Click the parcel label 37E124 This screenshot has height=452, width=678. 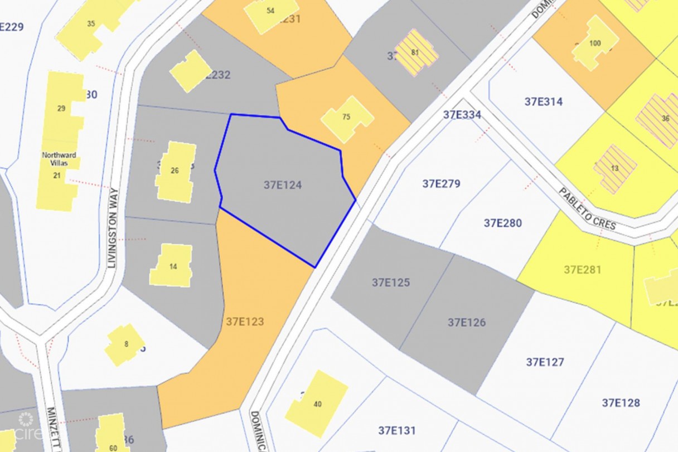pyautogui.click(x=283, y=185)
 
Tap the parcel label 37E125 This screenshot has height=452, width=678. pyautogui.click(x=391, y=283)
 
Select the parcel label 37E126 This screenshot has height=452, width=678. pyautogui.click(x=467, y=322)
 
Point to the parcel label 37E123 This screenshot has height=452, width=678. pyautogui.click(x=245, y=322)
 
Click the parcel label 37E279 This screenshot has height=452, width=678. pyautogui.click(x=441, y=183)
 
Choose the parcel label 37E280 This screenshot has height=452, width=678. pyautogui.click(x=503, y=223)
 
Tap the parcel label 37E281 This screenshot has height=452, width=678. pyautogui.click(x=583, y=270)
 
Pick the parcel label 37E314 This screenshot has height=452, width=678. pyautogui.click(x=544, y=101)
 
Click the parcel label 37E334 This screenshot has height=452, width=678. pyautogui.click(x=462, y=115)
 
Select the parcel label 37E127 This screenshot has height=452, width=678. pyautogui.click(x=545, y=362)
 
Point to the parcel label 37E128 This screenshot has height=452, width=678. pyautogui.click(x=621, y=402)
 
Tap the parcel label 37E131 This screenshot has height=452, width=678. pyautogui.click(x=397, y=430)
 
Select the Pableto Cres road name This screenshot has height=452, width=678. pyautogui.click(x=588, y=209)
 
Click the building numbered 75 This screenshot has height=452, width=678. pyautogui.click(x=347, y=118)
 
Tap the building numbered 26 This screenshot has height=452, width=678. pyautogui.click(x=175, y=171)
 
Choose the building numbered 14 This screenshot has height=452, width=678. pyautogui.click(x=173, y=266)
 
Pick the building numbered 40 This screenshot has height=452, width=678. pyautogui.click(x=317, y=404)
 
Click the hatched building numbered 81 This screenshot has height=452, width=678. pyautogui.click(x=415, y=53)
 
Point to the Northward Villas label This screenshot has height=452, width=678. pyautogui.click(x=59, y=155)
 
